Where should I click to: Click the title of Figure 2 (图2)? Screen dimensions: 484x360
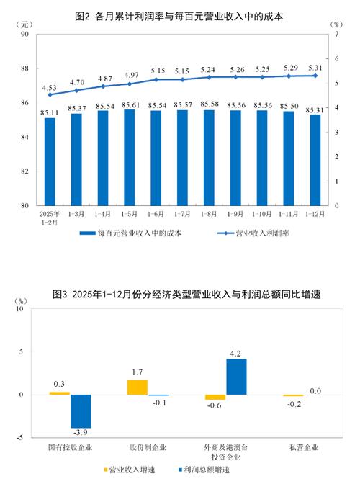pyautogui.click(x=180, y=14)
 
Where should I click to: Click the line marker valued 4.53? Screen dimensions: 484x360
pyautogui.click(x=50, y=94)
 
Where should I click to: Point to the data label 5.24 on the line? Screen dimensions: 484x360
pyautogui.click(x=209, y=69)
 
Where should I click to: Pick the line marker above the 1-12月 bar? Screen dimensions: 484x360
pyautogui.click(x=315, y=76)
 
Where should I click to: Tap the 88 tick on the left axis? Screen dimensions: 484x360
pyautogui.click(x=24, y=68)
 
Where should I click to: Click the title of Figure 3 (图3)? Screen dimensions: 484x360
pyautogui.click(x=180, y=294)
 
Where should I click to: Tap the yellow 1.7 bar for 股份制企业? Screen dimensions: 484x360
pyautogui.click(x=137, y=387)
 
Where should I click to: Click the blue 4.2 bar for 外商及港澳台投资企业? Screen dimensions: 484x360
pyautogui.click(x=236, y=377)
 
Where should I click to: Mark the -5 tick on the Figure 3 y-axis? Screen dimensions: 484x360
pyautogui.click(x=20, y=437)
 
